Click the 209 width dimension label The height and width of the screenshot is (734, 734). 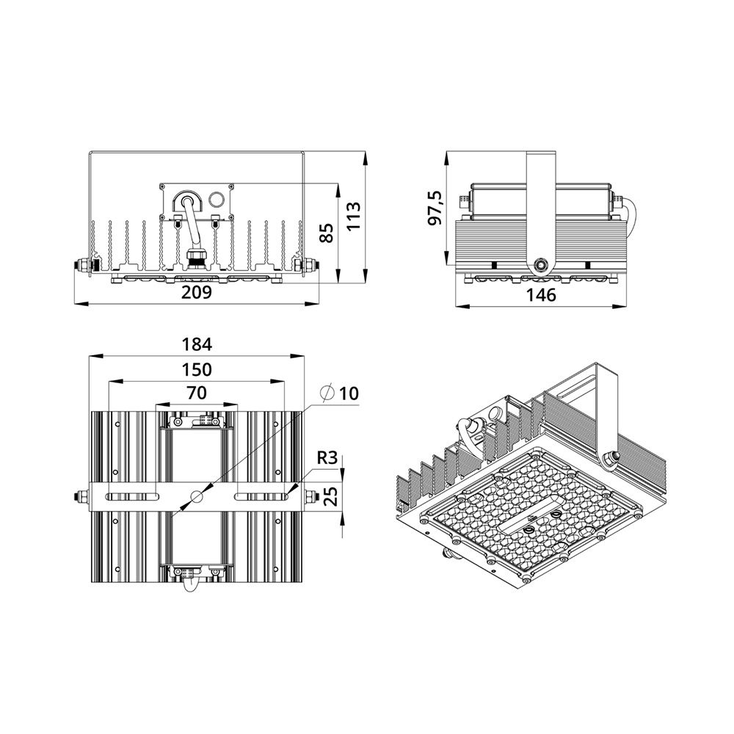(197, 292)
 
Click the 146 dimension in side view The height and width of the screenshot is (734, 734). (542, 295)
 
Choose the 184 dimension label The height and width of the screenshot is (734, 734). (197, 344)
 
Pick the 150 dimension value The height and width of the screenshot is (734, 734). (197, 368)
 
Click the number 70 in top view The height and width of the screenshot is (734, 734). (197, 393)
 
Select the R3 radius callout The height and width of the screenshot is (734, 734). (327, 458)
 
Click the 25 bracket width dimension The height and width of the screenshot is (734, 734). (329, 497)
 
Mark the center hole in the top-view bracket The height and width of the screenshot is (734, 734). (197, 497)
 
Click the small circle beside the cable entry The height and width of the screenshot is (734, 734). (217, 199)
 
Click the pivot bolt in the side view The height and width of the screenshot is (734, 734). (542, 264)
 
